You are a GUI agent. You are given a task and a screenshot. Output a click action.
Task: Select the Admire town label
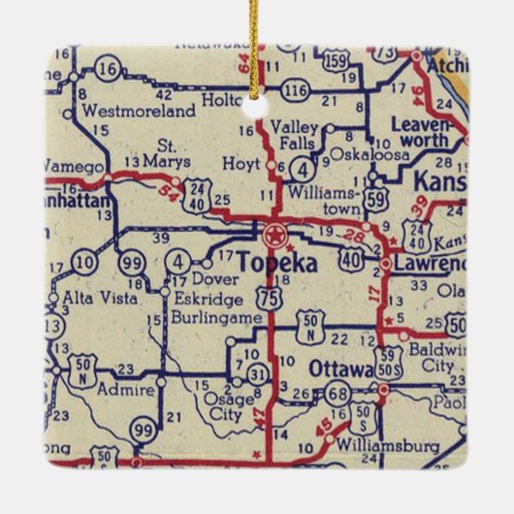[x=133, y=389]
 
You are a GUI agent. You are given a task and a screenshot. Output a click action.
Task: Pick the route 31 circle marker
[x=256, y=371]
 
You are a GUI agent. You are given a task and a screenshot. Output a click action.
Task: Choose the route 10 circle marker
[x=84, y=261]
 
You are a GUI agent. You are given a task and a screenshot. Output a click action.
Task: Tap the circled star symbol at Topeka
[x=275, y=233]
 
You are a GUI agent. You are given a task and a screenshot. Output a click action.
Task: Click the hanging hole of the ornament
[x=257, y=97]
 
